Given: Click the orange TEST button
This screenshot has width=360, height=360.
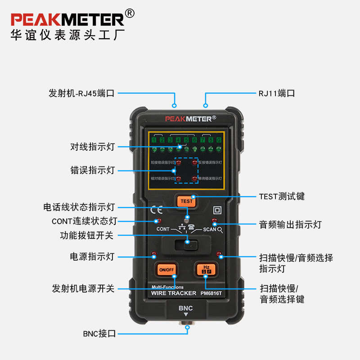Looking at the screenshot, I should coord(186,201).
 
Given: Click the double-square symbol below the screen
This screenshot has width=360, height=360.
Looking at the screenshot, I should coord(217,210).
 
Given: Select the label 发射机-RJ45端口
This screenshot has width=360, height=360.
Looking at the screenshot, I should coord(82,94).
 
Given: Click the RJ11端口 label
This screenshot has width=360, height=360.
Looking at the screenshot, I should coord(277,94).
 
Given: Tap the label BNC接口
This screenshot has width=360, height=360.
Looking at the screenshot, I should coord(99,333).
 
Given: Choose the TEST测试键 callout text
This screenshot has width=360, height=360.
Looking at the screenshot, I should coord(282,196).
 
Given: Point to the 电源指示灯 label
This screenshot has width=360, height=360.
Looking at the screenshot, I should coord(92,256).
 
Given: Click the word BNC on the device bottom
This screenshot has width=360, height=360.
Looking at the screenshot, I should coord(185,308).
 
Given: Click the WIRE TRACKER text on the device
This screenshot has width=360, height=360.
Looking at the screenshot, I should coord(174,293).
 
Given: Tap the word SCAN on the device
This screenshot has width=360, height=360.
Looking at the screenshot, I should coord(209,229).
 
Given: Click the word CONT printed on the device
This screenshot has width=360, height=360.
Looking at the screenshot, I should coord(163,229).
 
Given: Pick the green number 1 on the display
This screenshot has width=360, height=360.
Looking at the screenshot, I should coord(154,140).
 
